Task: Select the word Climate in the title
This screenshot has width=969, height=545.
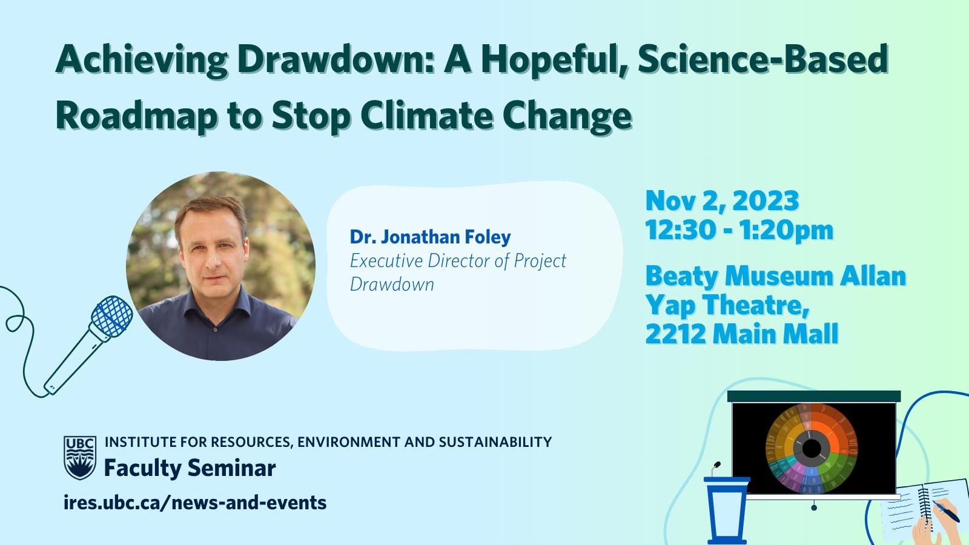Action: click(426, 115)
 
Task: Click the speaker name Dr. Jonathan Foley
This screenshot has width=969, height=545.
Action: click(431, 237)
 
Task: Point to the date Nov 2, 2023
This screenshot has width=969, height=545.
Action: click(722, 200)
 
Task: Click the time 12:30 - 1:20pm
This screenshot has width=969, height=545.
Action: click(739, 230)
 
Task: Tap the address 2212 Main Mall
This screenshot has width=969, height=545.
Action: click(741, 334)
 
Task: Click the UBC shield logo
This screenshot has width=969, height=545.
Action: click(80, 458)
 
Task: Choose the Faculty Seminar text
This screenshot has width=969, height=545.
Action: click(190, 469)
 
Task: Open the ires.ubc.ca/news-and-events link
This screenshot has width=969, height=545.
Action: click(194, 503)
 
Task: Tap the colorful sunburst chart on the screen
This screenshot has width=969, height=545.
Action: click(811, 449)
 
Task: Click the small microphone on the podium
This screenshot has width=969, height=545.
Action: click(715, 469)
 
